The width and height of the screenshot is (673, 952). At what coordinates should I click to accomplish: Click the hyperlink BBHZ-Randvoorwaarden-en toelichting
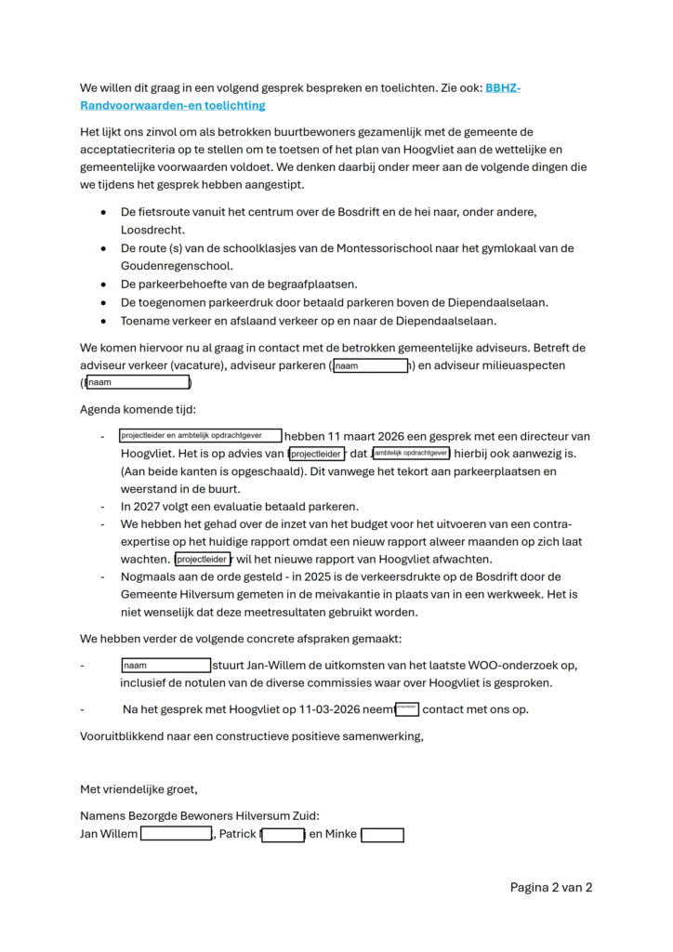[173, 105]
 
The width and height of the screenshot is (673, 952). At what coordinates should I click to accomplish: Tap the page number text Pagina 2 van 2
[551, 887]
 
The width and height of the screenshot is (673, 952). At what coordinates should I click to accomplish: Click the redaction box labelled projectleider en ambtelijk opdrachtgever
[200, 435]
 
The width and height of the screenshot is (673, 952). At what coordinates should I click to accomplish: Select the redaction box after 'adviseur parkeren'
[372, 366]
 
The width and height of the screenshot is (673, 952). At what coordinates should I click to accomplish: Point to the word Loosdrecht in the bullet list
[152, 229]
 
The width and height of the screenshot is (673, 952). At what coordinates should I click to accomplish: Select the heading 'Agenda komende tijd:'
[139, 409]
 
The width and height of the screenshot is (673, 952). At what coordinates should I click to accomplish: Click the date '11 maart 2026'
[363, 436]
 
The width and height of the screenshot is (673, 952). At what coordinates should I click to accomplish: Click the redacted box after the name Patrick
[284, 835]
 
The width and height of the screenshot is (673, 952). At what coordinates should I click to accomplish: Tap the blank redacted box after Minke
[382, 835]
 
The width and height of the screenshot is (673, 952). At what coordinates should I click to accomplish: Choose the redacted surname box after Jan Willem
[176, 835]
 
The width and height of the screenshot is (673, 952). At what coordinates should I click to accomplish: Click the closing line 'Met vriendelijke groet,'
[139, 789]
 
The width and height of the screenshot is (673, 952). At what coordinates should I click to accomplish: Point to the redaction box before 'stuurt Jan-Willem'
[166, 666]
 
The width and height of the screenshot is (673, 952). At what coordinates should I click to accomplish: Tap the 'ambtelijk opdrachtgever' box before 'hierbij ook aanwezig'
[411, 453]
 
